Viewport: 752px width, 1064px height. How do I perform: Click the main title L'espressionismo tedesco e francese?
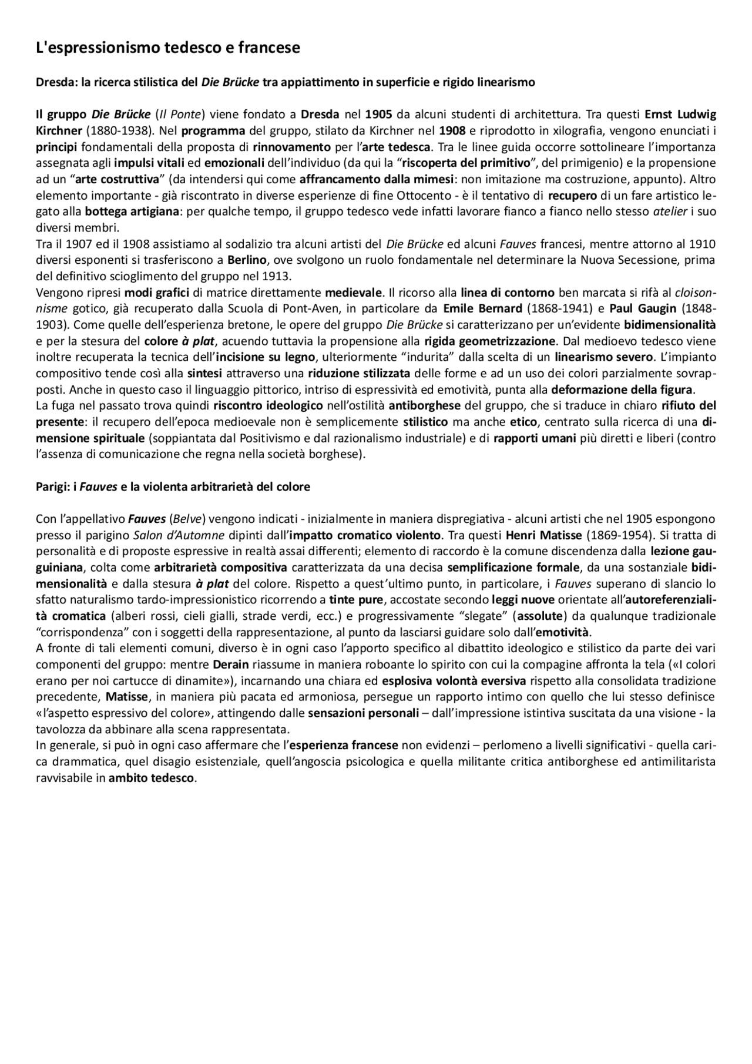tap(167, 48)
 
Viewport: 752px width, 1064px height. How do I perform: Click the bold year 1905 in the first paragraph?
tap(378, 114)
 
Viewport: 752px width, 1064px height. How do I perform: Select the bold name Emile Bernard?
tap(482, 308)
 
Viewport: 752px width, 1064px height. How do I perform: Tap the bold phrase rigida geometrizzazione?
tap(490, 341)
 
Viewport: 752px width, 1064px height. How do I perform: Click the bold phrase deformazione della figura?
tap(623, 390)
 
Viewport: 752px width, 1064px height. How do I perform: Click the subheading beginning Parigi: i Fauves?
tap(173, 487)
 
